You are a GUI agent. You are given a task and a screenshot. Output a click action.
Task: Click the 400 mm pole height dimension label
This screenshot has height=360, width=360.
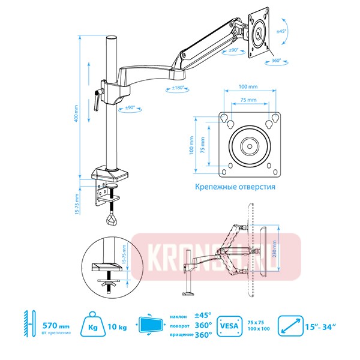pos(76,113)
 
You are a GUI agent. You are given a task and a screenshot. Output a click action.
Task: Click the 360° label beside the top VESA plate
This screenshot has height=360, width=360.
pos(277,60)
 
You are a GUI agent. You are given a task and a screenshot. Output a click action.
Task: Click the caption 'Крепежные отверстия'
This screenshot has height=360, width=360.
pos(235,187)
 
